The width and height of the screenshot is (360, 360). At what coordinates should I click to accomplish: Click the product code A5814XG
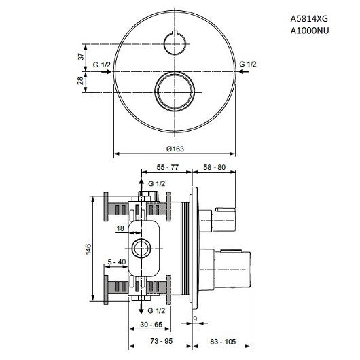tap(309, 18)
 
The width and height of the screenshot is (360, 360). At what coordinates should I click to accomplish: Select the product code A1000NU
tap(310, 31)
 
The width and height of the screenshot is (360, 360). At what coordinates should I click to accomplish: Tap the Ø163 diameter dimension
tap(175, 149)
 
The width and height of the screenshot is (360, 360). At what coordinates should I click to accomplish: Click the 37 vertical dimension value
tap(81, 56)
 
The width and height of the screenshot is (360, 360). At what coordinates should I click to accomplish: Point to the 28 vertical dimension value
tap(80, 81)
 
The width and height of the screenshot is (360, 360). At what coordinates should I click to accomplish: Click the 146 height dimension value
tap(88, 249)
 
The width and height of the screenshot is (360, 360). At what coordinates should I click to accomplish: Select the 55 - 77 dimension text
tap(167, 167)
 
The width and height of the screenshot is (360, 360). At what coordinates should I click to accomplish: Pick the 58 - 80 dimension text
tap(215, 167)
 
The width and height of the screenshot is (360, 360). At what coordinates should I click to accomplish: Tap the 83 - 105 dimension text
tap(223, 342)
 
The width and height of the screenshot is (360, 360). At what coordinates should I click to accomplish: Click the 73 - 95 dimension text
tap(162, 341)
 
